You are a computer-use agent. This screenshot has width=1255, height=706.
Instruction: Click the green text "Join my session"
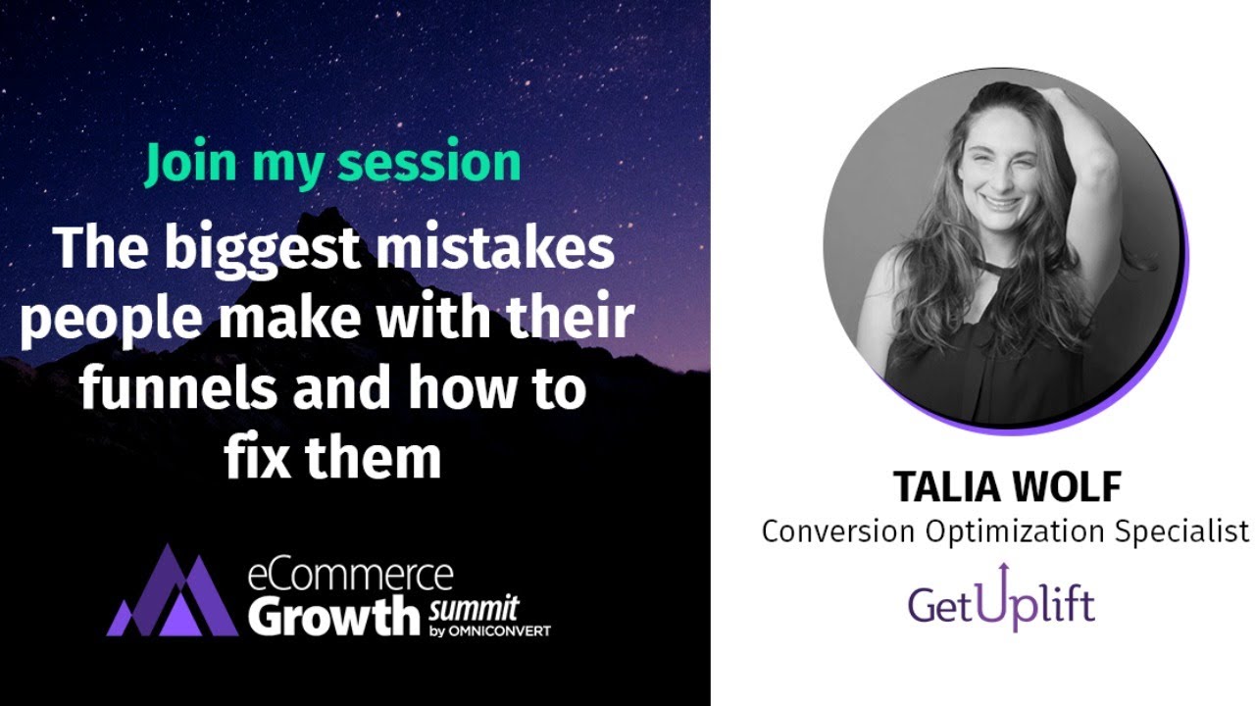[333, 164]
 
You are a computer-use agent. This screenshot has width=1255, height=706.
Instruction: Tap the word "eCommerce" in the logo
[350, 574]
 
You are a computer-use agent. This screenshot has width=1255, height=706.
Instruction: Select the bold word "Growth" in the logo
[333, 615]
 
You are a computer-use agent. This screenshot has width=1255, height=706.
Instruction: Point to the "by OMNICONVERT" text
[489, 631]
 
